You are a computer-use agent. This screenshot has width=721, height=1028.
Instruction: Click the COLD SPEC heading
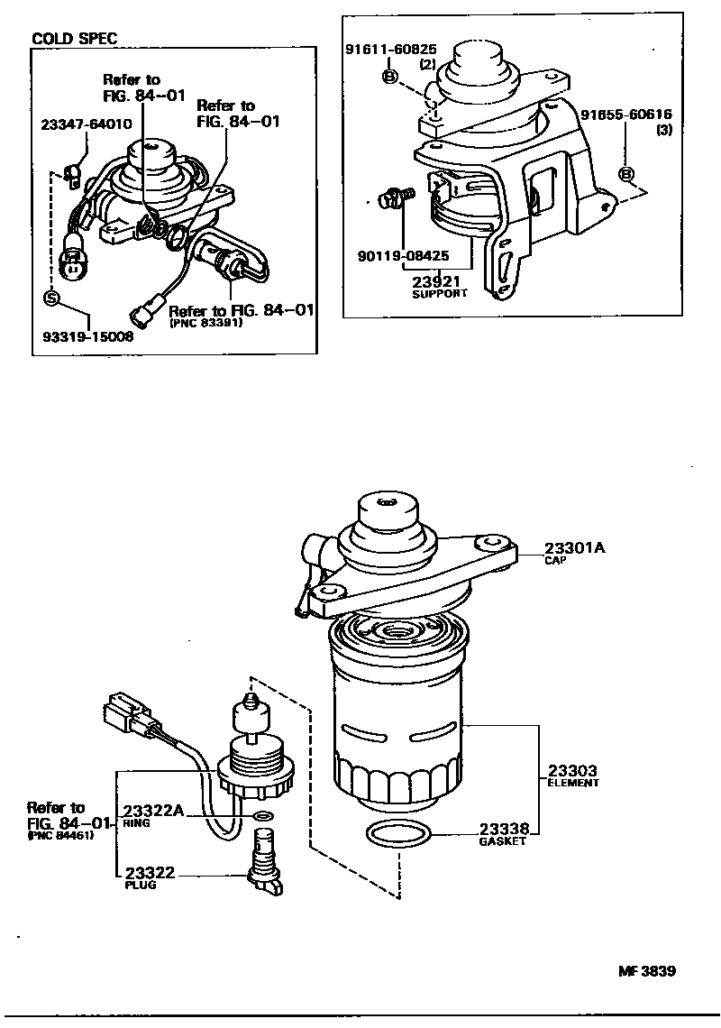click(74, 39)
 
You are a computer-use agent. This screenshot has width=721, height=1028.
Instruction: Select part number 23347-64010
click(86, 124)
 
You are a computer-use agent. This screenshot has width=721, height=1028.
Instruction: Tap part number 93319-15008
click(88, 336)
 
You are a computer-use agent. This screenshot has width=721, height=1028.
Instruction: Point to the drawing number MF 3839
click(646, 971)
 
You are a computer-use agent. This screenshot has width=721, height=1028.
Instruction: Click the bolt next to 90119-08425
click(396, 195)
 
